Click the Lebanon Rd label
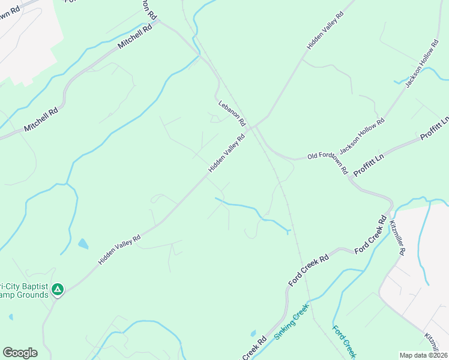(232, 112)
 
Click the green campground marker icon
(57, 290)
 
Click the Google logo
(20, 353)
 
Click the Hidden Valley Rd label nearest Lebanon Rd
(227, 154)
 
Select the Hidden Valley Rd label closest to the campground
(119, 250)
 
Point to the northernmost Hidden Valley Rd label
(325, 29)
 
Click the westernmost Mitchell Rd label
(41, 119)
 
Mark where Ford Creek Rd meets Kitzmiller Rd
(389, 211)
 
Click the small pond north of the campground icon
(83, 244)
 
